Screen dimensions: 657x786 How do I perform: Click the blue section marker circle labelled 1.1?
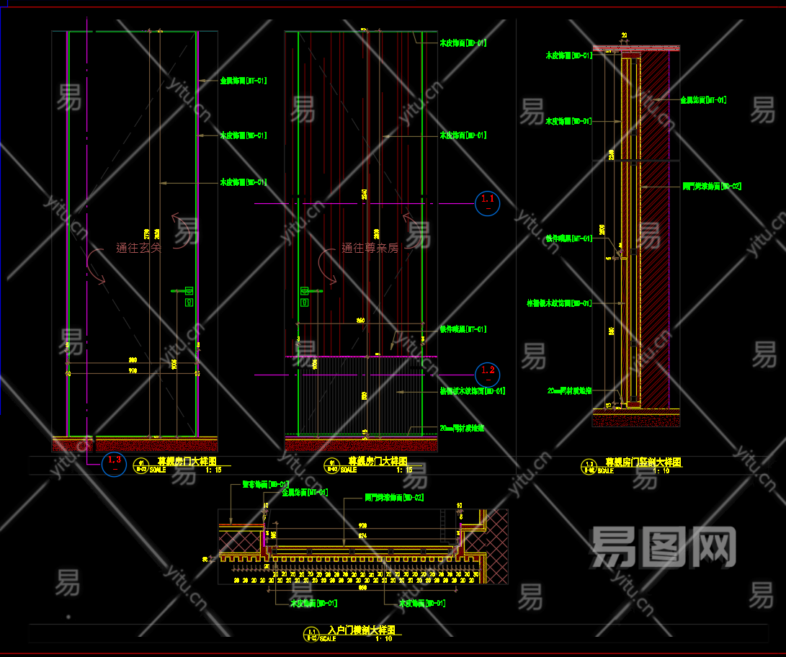pos(488,202)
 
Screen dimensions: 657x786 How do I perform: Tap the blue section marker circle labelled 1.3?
pos(114,463)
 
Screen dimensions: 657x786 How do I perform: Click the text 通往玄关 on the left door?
pos(138,248)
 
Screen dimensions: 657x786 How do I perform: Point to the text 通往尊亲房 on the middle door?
pos(370,248)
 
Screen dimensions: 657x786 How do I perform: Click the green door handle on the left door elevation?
pos(189,297)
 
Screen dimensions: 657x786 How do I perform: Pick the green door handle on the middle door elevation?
pos(305,297)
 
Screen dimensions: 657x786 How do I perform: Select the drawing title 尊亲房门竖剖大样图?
pos(643,462)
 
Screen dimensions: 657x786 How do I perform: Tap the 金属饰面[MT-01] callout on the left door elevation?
pos(243,81)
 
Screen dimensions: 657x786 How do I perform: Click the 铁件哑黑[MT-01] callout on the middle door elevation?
pos(463,329)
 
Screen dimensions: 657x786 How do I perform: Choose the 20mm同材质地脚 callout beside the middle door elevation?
pos(462,428)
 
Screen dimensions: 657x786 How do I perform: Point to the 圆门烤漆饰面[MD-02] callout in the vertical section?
pos(712,186)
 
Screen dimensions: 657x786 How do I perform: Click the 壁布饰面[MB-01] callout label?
pos(265,484)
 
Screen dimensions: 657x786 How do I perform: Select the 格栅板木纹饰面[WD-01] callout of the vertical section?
pos(559,303)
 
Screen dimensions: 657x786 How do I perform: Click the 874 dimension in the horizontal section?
pos(362,535)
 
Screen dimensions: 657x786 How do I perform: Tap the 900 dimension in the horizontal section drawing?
pos(362,525)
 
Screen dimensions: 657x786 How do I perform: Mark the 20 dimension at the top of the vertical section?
pos(624,35)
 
